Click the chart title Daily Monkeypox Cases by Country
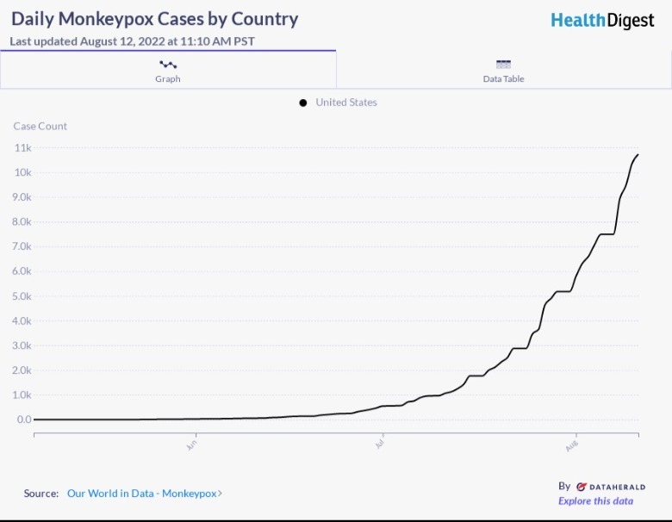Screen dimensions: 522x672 point(154,18)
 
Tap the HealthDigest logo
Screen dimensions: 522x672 point(602,20)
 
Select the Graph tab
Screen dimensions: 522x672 point(168,71)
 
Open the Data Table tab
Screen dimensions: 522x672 point(503,71)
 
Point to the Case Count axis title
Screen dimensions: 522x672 point(40,126)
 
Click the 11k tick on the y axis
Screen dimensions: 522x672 point(23,148)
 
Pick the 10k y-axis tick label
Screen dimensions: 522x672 point(23,173)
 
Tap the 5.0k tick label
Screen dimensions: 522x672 point(23,296)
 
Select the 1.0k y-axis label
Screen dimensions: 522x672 point(23,395)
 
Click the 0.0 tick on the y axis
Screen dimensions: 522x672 point(24,420)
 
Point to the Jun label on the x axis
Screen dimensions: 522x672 point(191,445)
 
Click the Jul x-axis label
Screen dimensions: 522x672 point(380,444)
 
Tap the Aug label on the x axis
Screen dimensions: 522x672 point(571,445)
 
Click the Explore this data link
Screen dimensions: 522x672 point(595,501)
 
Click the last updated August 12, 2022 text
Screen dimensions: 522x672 point(132,40)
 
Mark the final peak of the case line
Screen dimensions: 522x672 point(638,155)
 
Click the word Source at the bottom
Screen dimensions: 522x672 point(40,494)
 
